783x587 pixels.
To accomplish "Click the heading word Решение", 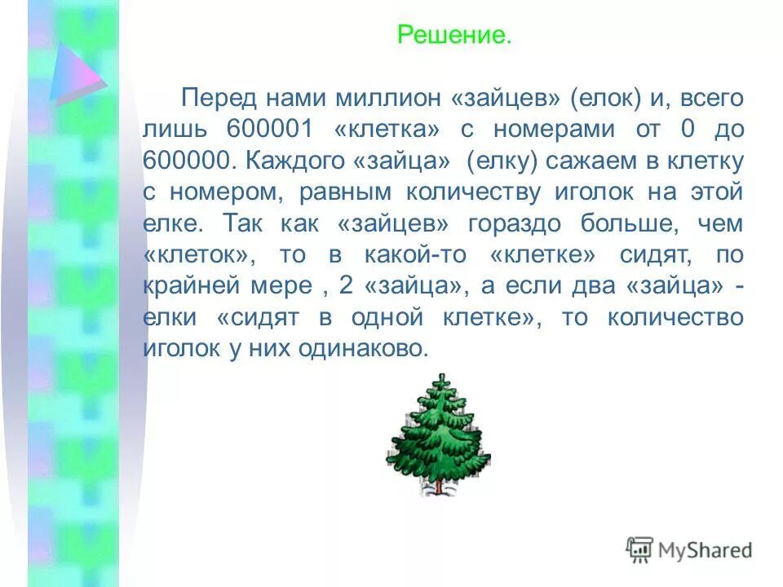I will pyautogui.click(x=454, y=36).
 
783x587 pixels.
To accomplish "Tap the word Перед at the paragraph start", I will pyautogui.click(x=214, y=99).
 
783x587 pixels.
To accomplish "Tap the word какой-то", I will pyautogui.click(x=408, y=255).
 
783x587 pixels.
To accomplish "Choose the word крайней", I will pyautogui.click(x=190, y=286).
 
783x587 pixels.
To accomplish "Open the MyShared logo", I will pyautogui.click(x=689, y=549).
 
